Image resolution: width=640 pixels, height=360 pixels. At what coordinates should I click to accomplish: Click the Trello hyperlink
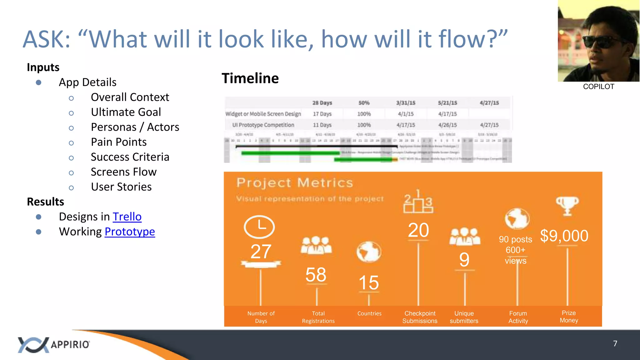click(127, 217)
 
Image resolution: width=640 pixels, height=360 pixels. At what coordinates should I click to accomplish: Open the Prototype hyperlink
click(130, 232)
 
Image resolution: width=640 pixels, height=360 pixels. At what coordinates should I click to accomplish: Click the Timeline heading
click(250, 78)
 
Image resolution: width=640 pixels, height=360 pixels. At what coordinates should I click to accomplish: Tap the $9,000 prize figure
click(564, 236)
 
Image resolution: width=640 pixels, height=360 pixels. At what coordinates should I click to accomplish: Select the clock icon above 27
click(259, 227)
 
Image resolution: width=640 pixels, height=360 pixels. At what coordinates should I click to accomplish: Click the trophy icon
click(567, 206)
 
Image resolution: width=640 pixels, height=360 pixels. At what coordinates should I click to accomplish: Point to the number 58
click(316, 275)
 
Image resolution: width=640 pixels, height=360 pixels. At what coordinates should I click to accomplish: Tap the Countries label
click(369, 313)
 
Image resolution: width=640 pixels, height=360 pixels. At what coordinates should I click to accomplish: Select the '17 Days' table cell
click(322, 114)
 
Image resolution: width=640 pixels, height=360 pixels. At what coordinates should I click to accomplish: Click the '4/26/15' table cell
click(447, 125)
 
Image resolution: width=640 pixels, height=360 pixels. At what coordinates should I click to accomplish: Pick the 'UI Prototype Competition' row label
click(263, 125)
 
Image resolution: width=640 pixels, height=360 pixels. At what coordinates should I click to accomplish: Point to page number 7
click(615, 344)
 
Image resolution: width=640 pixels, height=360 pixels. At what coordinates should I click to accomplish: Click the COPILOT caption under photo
click(598, 87)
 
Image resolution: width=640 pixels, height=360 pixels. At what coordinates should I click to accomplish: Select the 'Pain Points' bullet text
click(118, 142)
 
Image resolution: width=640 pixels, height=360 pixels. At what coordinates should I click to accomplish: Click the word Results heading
click(45, 202)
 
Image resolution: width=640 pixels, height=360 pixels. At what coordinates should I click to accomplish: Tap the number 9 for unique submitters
click(464, 260)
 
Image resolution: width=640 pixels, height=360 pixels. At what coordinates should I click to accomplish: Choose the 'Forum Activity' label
click(518, 317)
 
